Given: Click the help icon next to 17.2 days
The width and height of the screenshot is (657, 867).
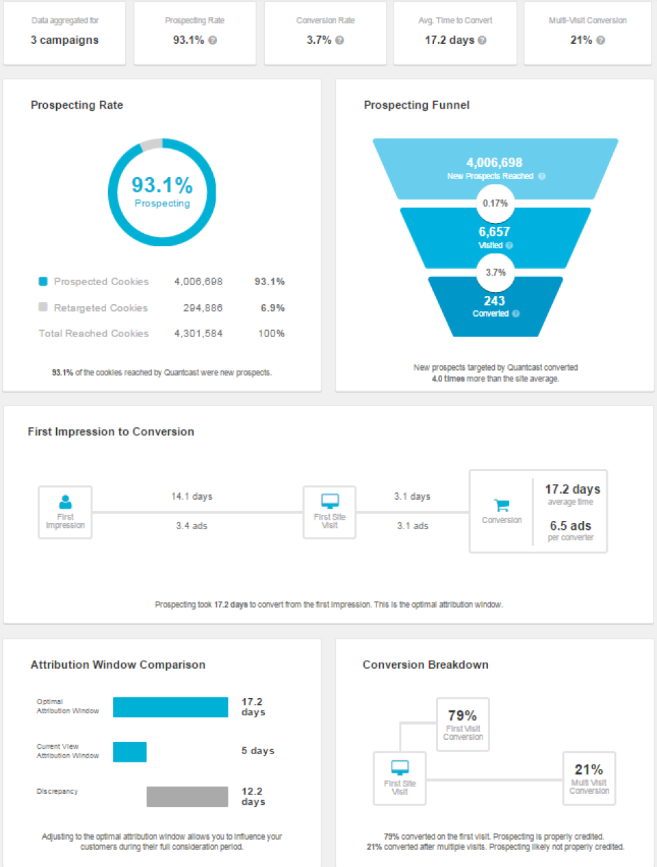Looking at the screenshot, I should (482, 40).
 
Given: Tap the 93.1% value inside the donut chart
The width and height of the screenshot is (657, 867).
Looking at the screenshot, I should (162, 185).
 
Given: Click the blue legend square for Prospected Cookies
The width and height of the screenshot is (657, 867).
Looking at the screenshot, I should (43, 281).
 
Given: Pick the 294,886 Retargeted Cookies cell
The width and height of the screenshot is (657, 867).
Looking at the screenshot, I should (203, 308).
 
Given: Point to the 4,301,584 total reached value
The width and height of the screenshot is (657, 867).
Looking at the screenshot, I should (198, 334).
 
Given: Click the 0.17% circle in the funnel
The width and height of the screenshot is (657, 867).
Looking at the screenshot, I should (495, 203).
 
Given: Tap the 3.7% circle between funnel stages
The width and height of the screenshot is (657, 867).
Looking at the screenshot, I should (495, 272).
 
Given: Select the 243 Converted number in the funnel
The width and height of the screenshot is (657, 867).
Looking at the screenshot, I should (494, 301).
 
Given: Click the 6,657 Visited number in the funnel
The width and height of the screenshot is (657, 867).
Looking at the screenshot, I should (494, 232).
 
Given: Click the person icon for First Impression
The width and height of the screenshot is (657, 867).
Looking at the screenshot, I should (66, 502).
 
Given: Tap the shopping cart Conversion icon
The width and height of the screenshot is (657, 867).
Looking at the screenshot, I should (502, 505).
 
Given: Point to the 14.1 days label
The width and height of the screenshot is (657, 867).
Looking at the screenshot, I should (192, 496).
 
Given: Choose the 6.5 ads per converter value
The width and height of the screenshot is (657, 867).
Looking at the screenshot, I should (570, 526).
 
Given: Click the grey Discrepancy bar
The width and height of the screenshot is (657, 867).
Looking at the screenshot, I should (187, 797).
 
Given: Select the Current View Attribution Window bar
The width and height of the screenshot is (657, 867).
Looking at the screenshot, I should (129, 751).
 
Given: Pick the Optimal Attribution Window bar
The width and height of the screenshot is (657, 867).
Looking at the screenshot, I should (170, 707).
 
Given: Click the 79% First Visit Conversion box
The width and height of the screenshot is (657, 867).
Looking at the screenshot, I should (463, 724).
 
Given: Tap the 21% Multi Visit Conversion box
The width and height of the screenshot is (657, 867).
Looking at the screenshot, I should (589, 778).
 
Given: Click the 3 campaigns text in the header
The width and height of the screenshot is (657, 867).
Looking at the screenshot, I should (64, 40).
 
